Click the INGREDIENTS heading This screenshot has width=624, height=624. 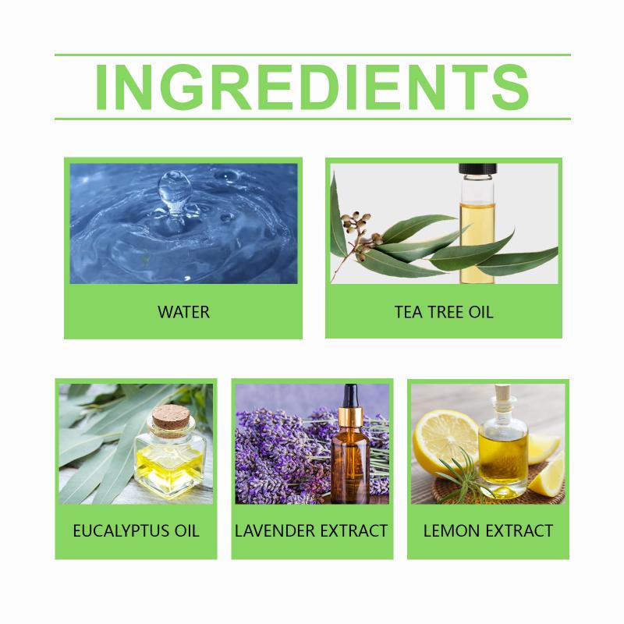[x=312, y=87]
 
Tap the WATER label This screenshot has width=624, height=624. [x=183, y=312]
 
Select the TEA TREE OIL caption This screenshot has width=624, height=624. [x=444, y=312]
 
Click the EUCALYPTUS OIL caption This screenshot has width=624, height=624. [x=136, y=531]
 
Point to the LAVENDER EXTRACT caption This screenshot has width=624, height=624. [x=311, y=531]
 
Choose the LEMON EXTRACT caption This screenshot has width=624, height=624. [x=488, y=531]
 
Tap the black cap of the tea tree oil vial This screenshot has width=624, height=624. [x=477, y=169]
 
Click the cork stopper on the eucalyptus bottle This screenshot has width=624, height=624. [x=170, y=420]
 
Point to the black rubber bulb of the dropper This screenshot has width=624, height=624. [x=350, y=396]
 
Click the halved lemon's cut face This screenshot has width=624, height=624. [x=445, y=441]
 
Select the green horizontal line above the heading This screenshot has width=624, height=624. [x=313, y=55]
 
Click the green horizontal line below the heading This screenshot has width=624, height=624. [x=313, y=119]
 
